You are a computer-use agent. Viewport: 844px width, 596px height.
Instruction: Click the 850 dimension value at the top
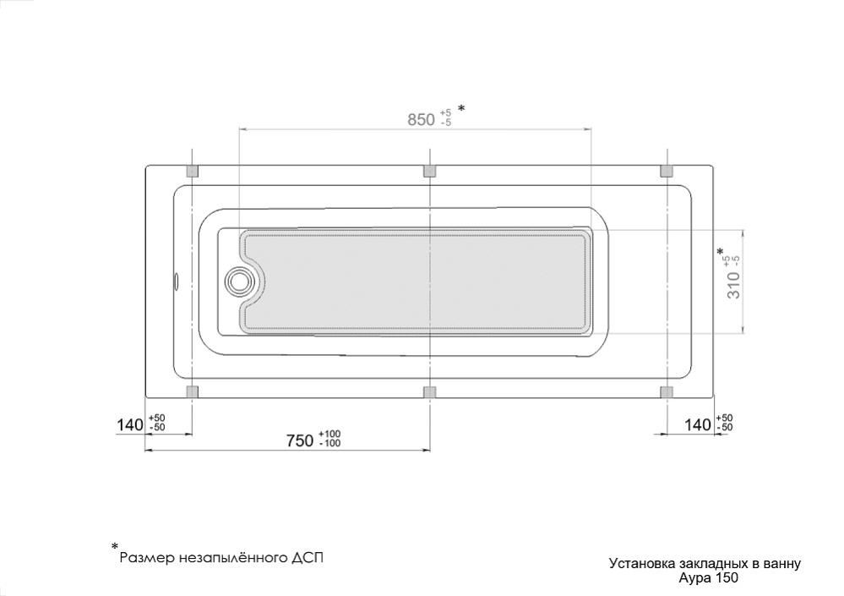tap(421, 119)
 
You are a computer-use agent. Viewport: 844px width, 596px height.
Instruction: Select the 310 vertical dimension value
tap(734, 286)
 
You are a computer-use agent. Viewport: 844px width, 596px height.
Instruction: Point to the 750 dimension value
tap(300, 441)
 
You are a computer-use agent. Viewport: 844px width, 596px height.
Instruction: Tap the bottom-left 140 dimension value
tap(130, 424)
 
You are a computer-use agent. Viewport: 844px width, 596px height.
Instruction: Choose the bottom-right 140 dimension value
tap(698, 424)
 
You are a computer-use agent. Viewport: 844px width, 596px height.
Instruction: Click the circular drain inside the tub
tap(237, 281)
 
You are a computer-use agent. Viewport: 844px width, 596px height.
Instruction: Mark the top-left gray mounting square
tap(192, 172)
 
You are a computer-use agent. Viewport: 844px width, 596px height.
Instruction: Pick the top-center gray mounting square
tap(429, 172)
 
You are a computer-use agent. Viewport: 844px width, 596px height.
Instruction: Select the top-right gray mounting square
tap(667, 172)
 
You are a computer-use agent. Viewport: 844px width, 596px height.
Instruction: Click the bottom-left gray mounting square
tap(192, 392)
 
